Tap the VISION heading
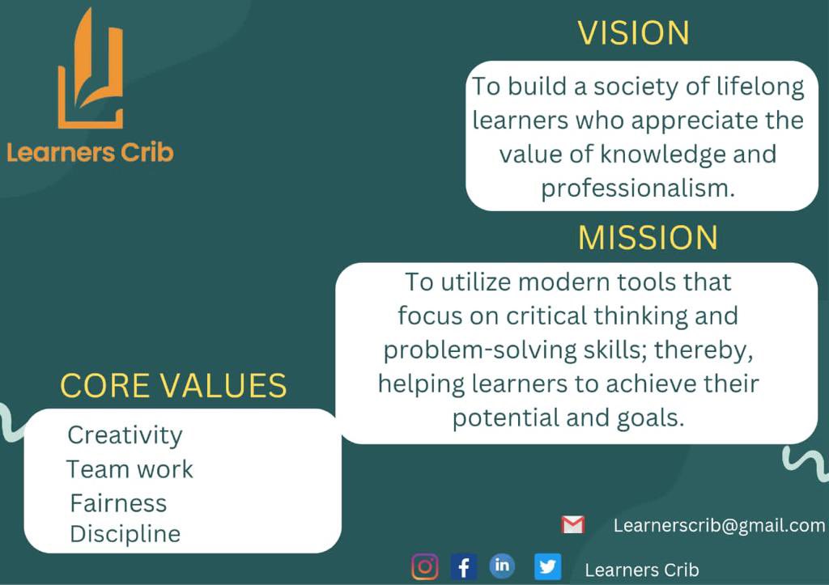[633, 34]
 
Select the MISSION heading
[648, 238]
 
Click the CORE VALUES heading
[173, 386]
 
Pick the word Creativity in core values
[125, 435]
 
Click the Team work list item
[130, 469]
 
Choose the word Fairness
[118, 503]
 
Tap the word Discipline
[125, 534]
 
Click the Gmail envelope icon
[573, 525]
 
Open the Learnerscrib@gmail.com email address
[719, 526]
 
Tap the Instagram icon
[425, 566]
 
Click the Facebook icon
[463, 566]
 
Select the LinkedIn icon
[502, 566]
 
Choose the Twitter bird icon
[547, 566]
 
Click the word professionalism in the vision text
[638, 189]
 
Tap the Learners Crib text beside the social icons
[641, 570]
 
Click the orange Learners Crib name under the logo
[90, 151]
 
